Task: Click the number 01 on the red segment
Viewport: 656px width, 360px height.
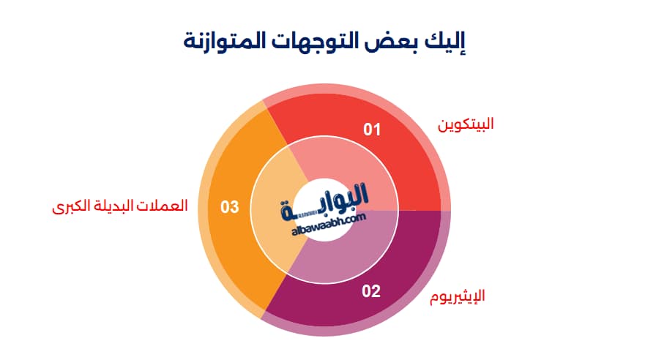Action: tap(372, 130)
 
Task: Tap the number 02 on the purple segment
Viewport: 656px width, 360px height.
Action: tap(371, 291)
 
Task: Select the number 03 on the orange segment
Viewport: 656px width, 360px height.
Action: tap(230, 207)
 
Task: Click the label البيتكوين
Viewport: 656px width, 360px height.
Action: tap(466, 124)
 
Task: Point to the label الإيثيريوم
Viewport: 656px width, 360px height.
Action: tap(458, 296)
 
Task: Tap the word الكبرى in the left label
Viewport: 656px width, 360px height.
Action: tap(70, 206)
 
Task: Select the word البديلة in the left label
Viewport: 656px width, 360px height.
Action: tap(113, 206)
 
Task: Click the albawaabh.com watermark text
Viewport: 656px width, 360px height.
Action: tap(329, 225)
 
